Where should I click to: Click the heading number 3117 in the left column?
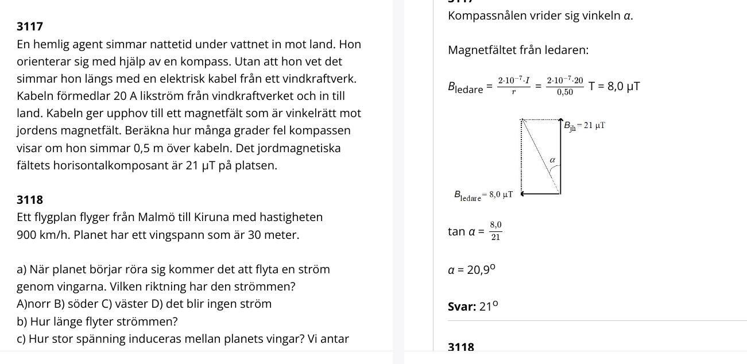[x=30, y=26]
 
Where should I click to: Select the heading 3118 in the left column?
[x=30, y=200]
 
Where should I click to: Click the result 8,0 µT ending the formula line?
[x=623, y=87]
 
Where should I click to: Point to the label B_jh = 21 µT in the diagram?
[x=584, y=126]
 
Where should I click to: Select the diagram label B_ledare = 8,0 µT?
[x=483, y=196]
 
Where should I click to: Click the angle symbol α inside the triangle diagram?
[x=552, y=160]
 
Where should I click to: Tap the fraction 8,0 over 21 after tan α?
[x=496, y=231]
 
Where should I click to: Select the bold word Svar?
[x=462, y=307]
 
